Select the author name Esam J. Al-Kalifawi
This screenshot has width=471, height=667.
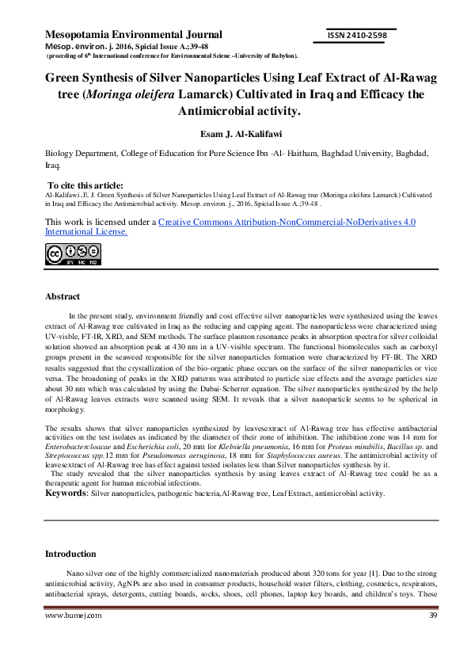(235, 134)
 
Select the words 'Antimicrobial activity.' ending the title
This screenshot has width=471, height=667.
(235, 111)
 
